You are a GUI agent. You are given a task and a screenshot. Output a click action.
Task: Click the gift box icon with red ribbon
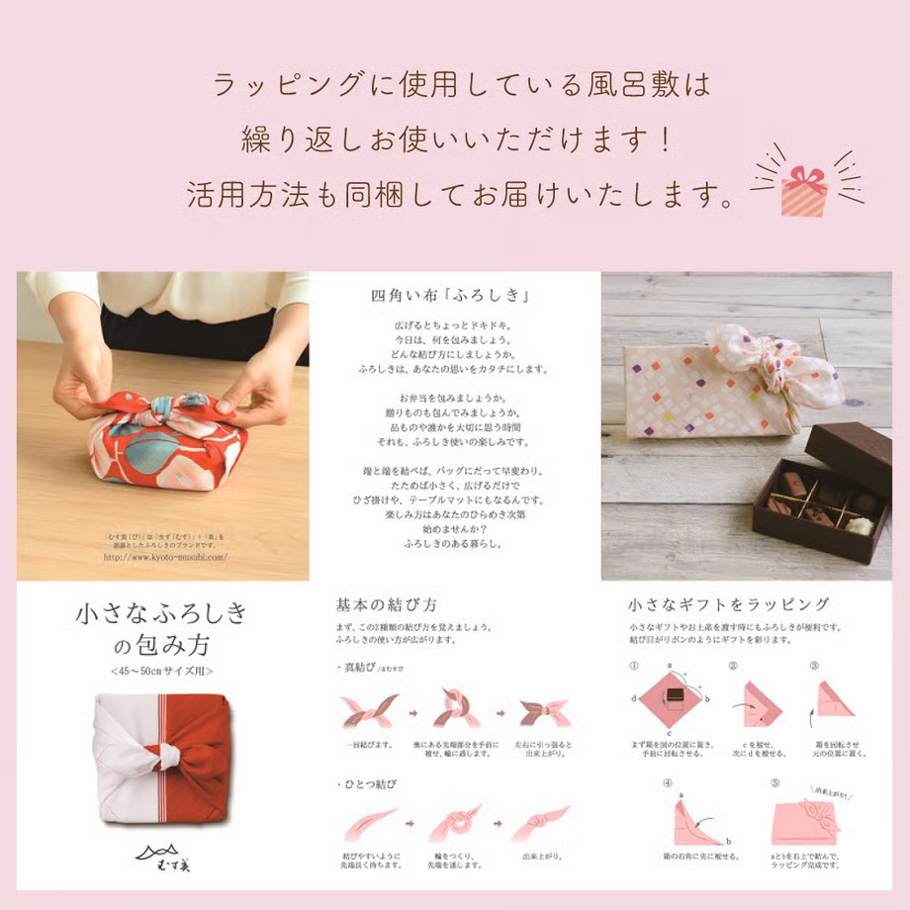coord(804,189)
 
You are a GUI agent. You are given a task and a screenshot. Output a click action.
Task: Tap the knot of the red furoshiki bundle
coord(163,410)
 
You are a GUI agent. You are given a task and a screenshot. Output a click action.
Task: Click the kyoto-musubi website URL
coord(165,557)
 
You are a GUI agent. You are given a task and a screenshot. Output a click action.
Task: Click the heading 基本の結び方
coord(387,603)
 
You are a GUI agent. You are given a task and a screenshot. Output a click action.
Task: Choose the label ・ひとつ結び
coord(368,783)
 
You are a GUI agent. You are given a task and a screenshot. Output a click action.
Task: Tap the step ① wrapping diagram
coord(673,699)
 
